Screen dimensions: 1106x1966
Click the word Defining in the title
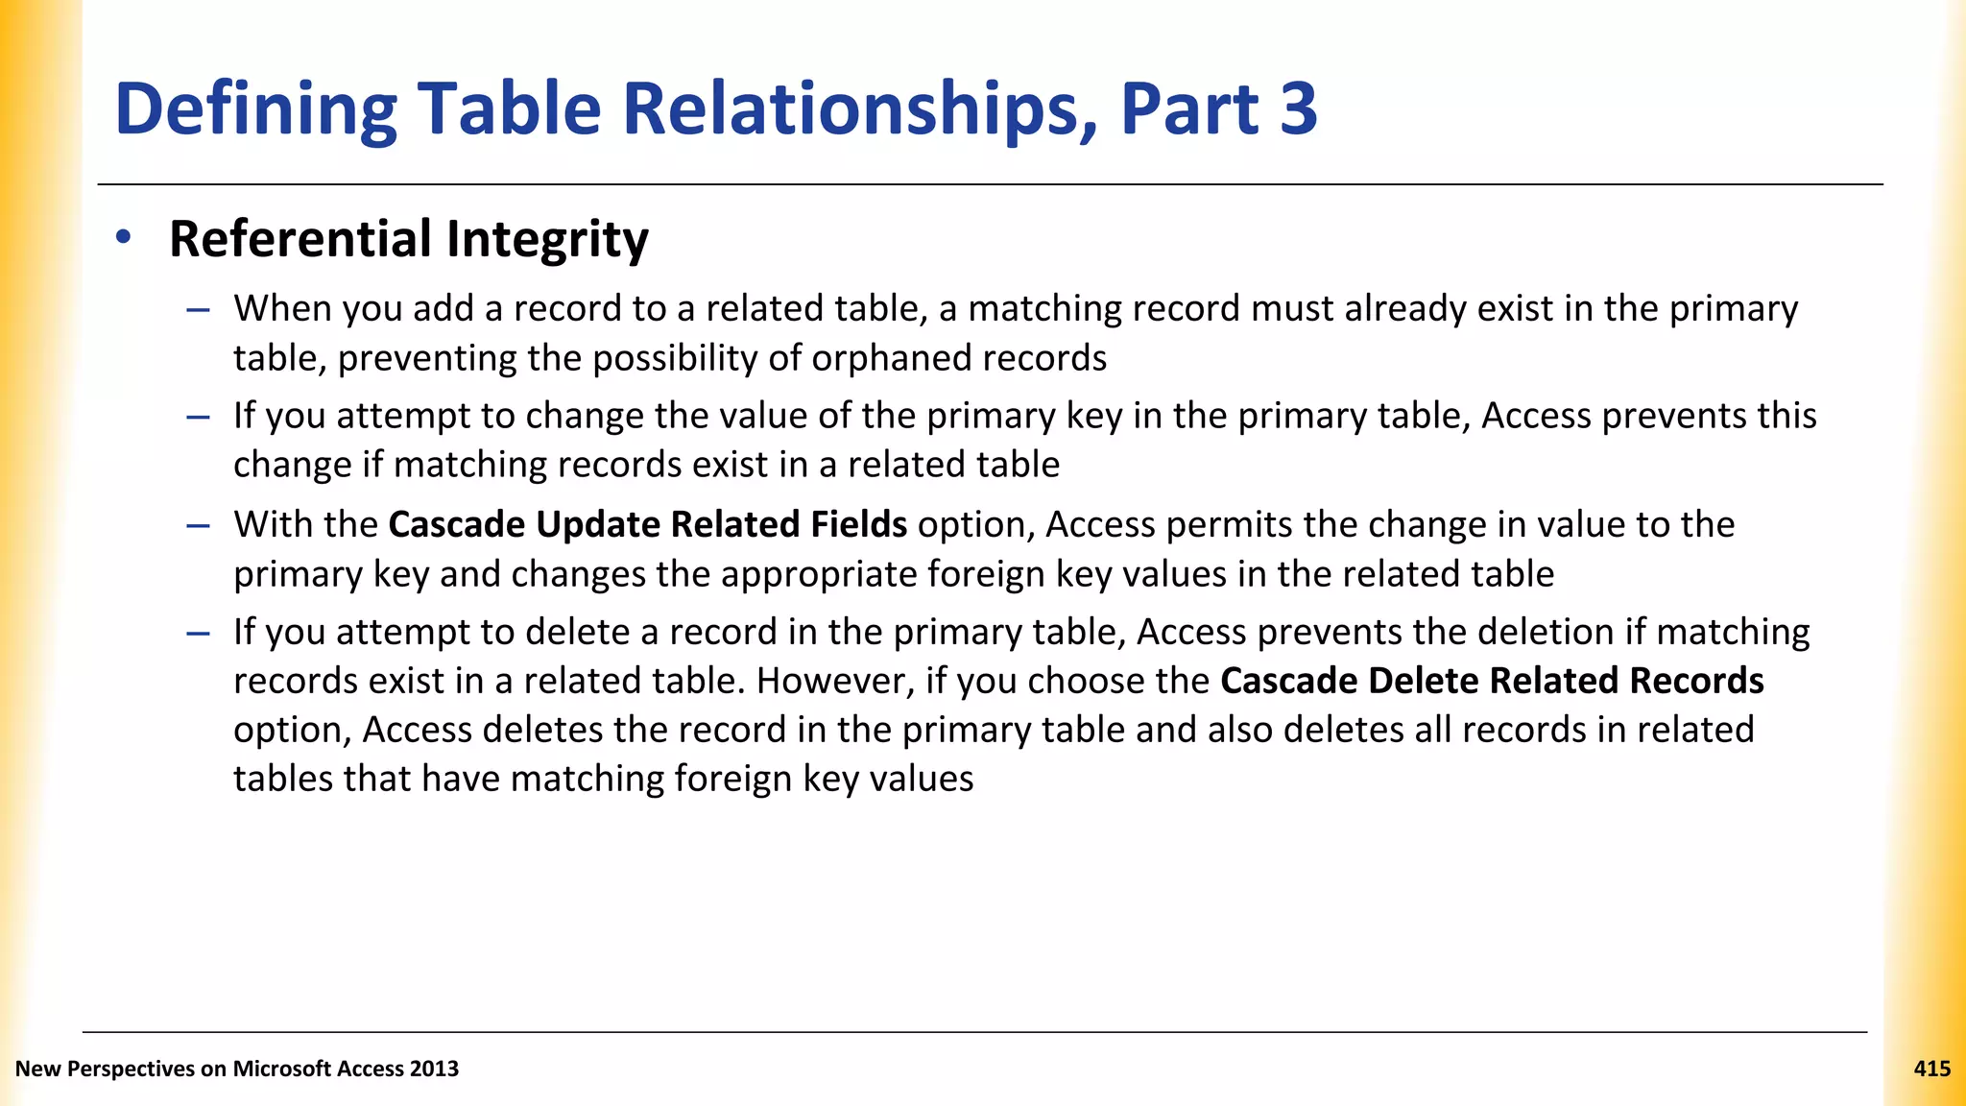[x=255, y=109]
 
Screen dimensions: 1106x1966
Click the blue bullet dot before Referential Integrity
[x=123, y=237]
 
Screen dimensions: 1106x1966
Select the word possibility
[x=674, y=358]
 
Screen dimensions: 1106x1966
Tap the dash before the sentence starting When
[x=199, y=309]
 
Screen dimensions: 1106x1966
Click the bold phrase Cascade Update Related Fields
[x=647, y=524]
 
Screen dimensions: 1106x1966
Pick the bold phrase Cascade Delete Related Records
[x=1492, y=681]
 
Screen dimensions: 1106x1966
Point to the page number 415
[x=1931, y=1069]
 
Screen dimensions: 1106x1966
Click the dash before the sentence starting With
[x=199, y=525]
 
